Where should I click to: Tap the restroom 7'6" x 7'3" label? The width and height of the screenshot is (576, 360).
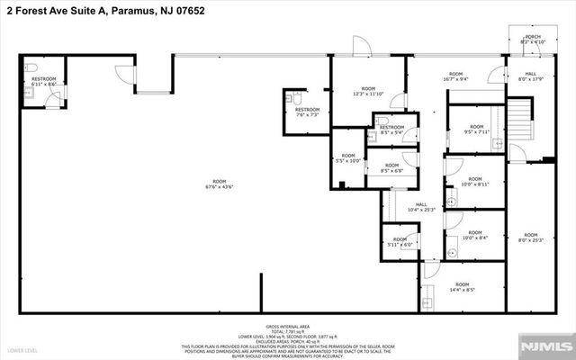(308, 112)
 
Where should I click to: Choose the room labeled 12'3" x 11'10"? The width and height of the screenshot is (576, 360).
(367, 90)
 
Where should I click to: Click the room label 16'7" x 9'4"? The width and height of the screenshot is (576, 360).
(455, 76)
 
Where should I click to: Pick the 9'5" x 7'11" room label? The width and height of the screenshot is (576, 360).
(476, 130)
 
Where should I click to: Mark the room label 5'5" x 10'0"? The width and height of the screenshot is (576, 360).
(347, 158)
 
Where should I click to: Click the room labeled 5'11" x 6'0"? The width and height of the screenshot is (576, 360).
(399, 241)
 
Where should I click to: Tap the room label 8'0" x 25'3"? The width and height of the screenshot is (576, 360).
(530, 238)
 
